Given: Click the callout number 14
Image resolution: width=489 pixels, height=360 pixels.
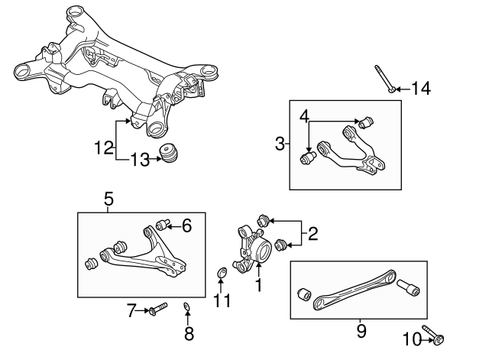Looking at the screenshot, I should pos(420,89).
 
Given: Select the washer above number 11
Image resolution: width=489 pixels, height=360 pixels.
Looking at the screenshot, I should pos(222,274).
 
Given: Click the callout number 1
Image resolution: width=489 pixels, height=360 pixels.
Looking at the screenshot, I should pos(258,286).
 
